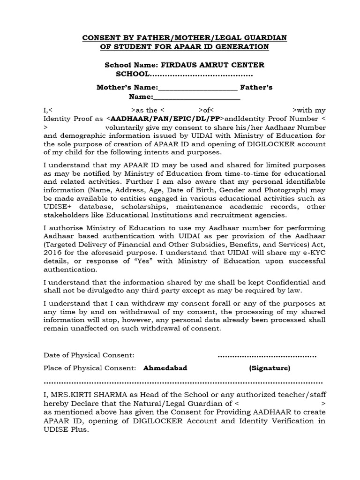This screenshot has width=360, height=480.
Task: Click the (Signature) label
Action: pyautogui.click(x=270, y=368)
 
